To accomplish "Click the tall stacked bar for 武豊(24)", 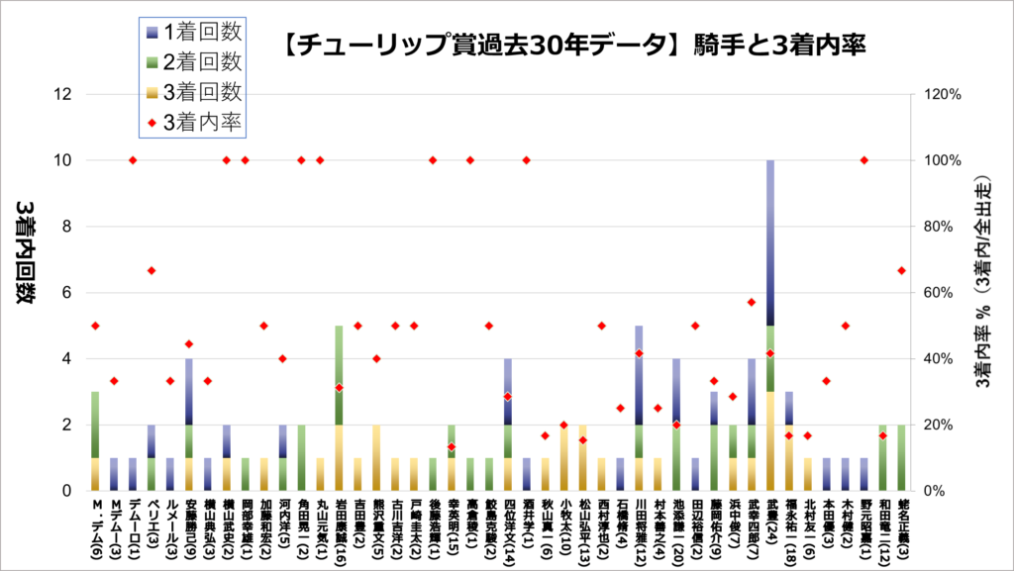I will (770, 327).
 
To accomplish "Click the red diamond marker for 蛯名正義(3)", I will (901, 270).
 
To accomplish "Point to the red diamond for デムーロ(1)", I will (133, 160).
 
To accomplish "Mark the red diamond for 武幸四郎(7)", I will (752, 302).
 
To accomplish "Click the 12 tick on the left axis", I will (64, 94).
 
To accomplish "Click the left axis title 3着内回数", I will (24, 253).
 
